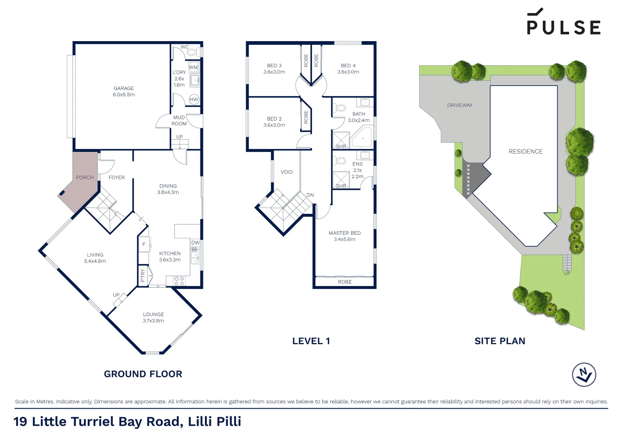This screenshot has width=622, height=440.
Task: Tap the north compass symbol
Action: pyautogui.click(x=584, y=374)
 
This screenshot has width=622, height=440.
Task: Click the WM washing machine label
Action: pyautogui.click(x=193, y=68)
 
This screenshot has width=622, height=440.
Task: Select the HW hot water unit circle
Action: pyautogui.click(x=194, y=99)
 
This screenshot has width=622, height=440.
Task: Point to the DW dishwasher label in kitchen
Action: pyautogui.click(x=196, y=243)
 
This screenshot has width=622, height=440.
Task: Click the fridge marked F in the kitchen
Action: pyautogui.click(x=144, y=244)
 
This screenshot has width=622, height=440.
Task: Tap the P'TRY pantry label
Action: pyautogui.click(x=143, y=276)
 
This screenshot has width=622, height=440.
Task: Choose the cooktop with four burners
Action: pyautogui.click(x=179, y=281)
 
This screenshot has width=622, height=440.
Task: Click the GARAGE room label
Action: pyautogui.click(x=124, y=88)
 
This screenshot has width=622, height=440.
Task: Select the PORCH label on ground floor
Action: pyautogui.click(x=85, y=178)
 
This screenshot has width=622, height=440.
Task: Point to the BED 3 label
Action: pyautogui.click(x=274, y=66)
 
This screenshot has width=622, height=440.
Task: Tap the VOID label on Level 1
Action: pyautogui.click(x=287, y=172)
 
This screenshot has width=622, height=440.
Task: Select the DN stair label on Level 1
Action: pyautogui.click(x=310, y=195)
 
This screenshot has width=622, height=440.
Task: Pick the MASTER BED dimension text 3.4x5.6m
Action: pyautogui.click(x=345, y=240)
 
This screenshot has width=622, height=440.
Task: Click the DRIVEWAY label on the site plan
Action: pyautogui.click(x=460, y=105)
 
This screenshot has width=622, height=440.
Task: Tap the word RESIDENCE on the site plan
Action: pyautogui.click(x=525, y=152)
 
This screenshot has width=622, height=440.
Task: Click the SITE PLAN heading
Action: pyautogui.click(x=500, y=341)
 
